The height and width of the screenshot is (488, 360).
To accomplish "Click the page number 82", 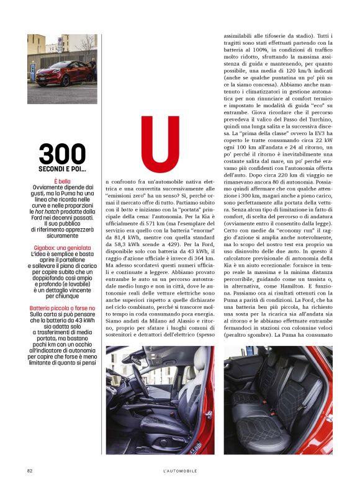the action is pos(30,471).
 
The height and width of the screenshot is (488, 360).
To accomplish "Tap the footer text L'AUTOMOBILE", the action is pos(180,471).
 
